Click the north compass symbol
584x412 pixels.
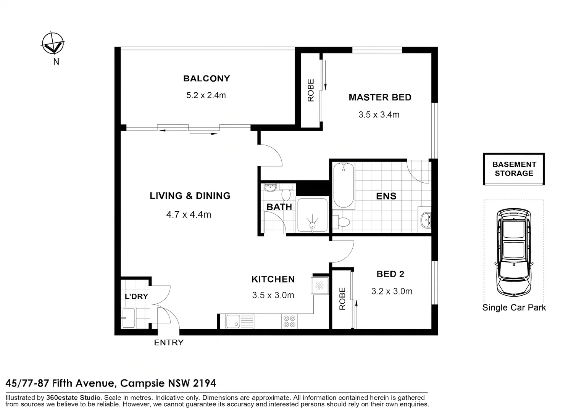[x=53, y=43]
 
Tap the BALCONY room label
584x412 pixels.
[x=206, y=79]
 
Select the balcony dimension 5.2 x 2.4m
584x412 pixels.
[x=206, y=95]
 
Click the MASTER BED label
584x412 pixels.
[x=380, y=98]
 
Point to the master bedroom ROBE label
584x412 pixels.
[x=311, y=90]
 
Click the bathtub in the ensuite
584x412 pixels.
[x=344, y=185]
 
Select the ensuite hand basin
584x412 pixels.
[x=425, y=220]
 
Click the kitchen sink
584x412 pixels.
[x=239, y=321]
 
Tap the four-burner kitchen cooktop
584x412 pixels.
[x=289, y=321]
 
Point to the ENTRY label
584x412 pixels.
[x=169, y=343]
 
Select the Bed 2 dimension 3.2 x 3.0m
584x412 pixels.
[x=392, y=291]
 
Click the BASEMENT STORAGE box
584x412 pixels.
[x=514, y=169]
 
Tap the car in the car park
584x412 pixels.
[x=513, y=252]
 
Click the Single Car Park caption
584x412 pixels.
[x=514, y=307]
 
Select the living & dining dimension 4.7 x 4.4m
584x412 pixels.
[x=189, y=215]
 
